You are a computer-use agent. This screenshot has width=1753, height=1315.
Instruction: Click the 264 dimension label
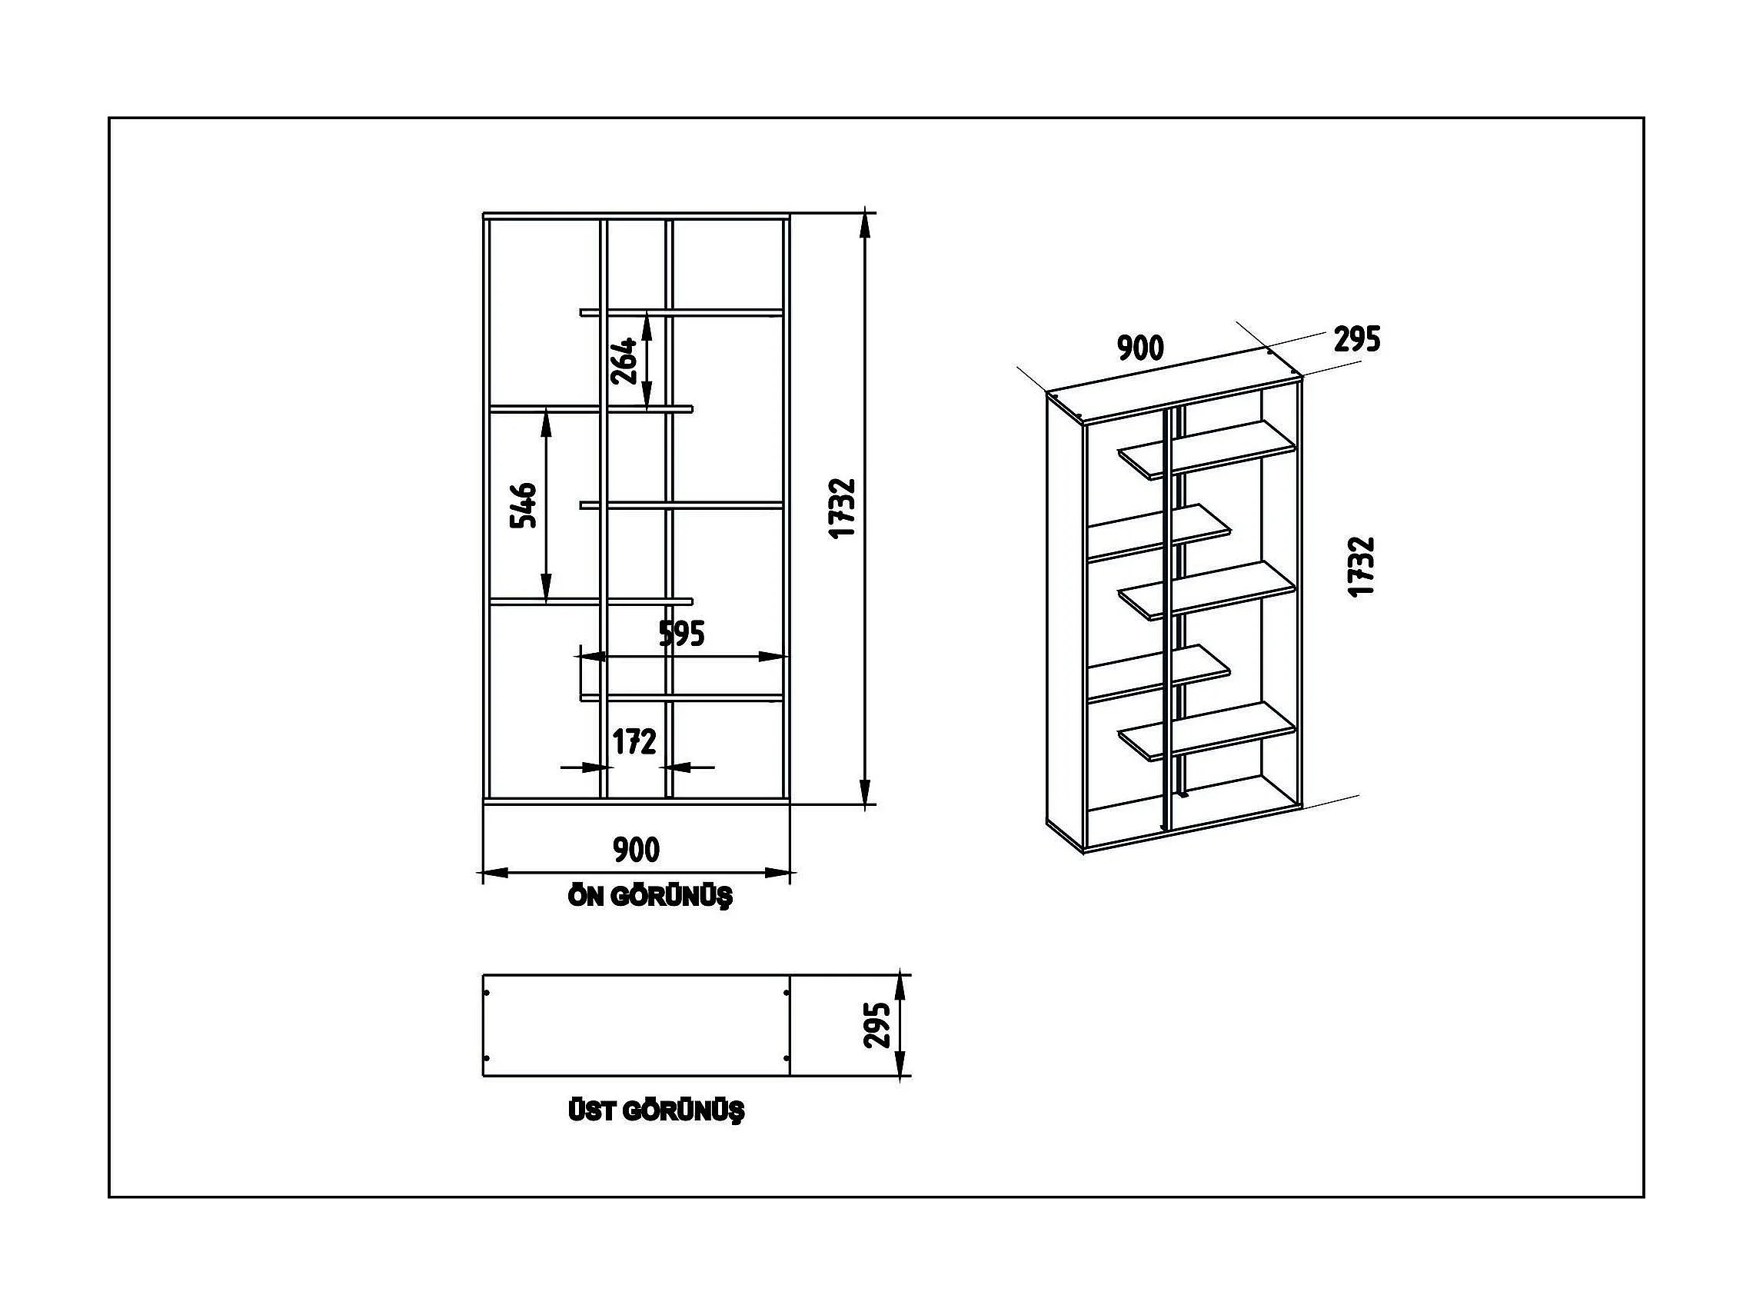(624, 361)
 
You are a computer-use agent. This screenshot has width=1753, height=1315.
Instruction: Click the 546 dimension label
(523, 505)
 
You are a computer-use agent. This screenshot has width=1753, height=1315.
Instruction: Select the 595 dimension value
(681, 634)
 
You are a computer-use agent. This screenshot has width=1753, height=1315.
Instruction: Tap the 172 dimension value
(634, 742)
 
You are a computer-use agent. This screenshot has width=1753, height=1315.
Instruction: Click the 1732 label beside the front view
(843, 508)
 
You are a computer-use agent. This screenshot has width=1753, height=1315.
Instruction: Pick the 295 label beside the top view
(877, 1025)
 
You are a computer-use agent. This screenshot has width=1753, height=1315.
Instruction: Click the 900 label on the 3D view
(1140, 347)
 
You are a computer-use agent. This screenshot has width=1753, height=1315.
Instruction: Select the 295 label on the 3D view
(1357, 339)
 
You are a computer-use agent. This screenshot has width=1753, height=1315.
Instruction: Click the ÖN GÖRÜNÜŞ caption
(650, 897)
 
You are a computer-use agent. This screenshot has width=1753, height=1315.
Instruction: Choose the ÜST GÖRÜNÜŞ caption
(656, 1110)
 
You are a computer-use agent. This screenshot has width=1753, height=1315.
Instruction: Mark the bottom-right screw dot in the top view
(785, 1058)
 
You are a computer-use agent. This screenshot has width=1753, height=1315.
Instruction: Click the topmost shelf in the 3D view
(1206, 449)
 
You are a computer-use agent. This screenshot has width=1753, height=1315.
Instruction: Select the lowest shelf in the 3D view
(1206, 732)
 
